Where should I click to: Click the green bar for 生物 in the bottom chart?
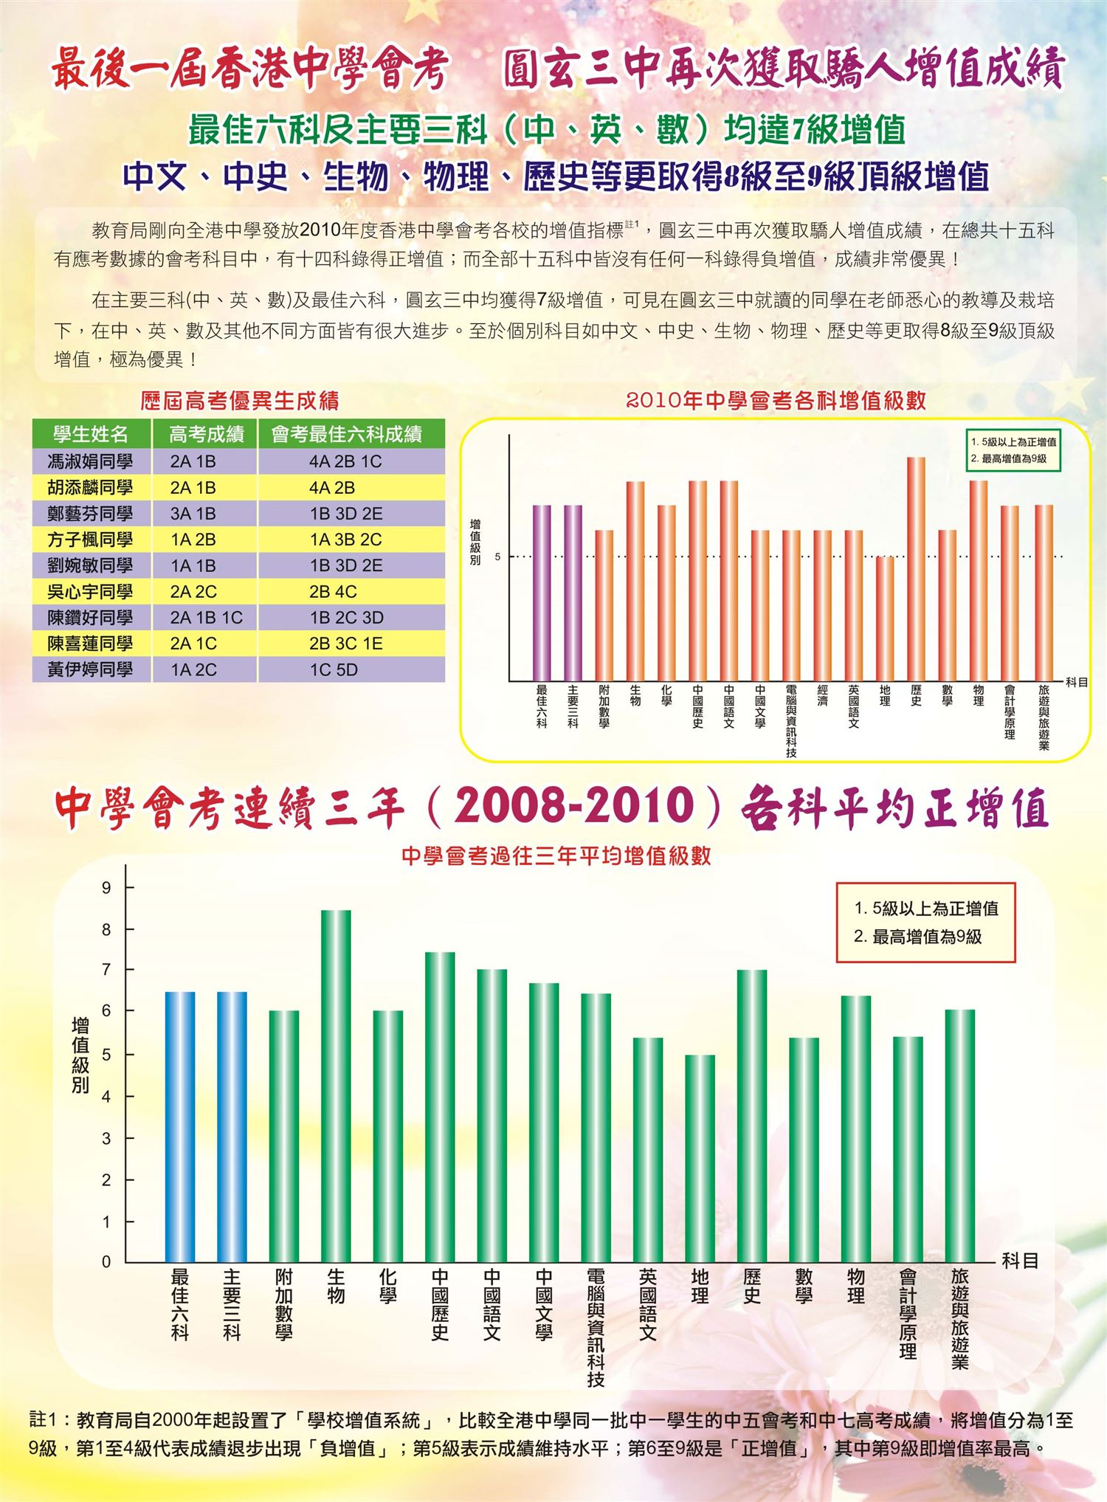(x=336, y=1085)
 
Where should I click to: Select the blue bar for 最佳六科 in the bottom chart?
(x=180, y=1126)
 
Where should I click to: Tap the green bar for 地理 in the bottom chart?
(x=700, y=1158)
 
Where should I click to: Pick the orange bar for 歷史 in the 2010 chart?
(x=916, y=568)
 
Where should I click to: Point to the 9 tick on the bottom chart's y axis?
(x=107, y=888)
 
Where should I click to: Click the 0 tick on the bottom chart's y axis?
(x=107, y=1261)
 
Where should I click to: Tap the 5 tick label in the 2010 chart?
(x=497, y=557)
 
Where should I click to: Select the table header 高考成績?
(x=206, y=434)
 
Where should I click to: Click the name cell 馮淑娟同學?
(x=90, y=462)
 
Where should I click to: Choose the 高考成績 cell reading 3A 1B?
(x=193, y=514)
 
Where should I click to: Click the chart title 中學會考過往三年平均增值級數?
(x=556, y=856)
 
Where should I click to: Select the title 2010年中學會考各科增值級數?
(x=776, y=401)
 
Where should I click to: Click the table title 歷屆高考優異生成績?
(x=240, y=401)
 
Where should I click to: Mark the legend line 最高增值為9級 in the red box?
(x=918, y=937)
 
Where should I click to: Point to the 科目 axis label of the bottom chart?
(x=1020, y=1261)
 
